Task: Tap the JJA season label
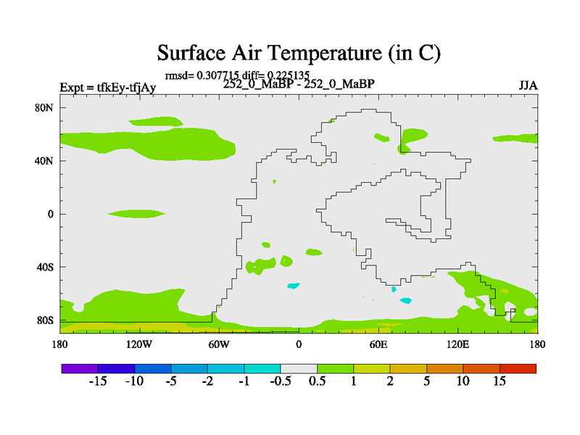click(529, 86)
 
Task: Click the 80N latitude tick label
click(44, 107)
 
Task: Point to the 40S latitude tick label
click(45, 267)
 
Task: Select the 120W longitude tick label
click(138, 344)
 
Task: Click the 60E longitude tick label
click(378, 344)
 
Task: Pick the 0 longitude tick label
click(299, 344)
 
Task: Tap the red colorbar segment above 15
click(518, 368)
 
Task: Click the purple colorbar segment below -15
click(80, 368)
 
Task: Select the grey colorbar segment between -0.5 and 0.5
click(299, 368)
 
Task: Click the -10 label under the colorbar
click(134, 381)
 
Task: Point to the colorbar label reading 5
click(426, 381)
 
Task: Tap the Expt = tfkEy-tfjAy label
click(107, 88)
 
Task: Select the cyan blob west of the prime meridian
click(294, 286)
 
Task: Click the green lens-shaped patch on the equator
click(136, 213)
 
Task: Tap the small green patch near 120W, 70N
click(155, 121)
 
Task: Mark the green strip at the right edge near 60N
click(515, 138)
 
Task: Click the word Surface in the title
click(191, 53)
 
